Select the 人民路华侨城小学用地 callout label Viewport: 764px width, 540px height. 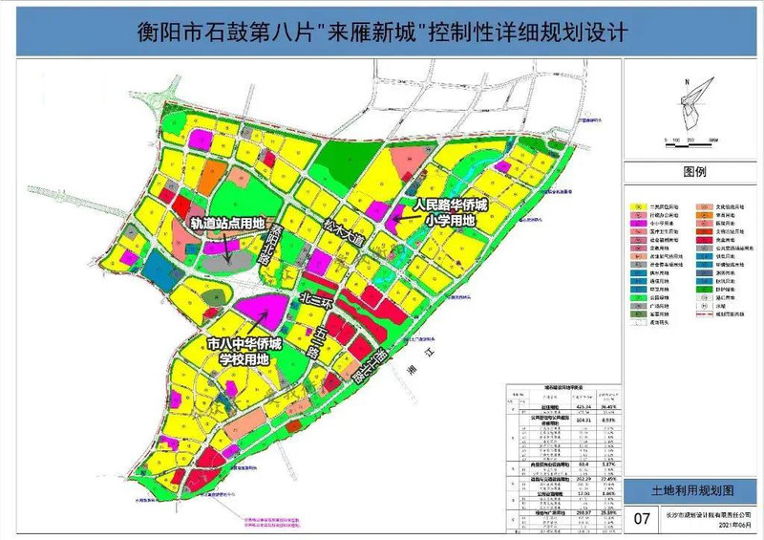point(449,212)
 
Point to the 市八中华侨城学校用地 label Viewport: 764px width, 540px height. point(246,351)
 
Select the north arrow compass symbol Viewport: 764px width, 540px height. point(695,100)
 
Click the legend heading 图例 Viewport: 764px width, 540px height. point(693,173)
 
